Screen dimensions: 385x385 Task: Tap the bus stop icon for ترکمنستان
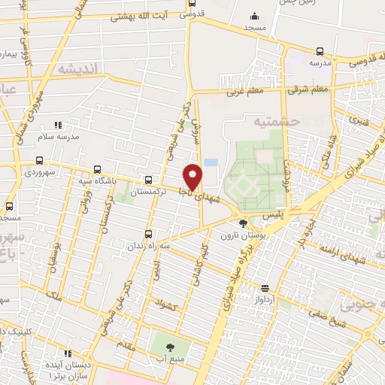pyautogui.click(x=148, y=180)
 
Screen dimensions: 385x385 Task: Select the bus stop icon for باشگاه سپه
pyautogui.click(x=95, y=170)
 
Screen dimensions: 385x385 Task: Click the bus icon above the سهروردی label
pyautogui.click(x=39, y=161)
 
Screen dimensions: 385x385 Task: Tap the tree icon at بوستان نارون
pyautogui.click(x=242, y=223)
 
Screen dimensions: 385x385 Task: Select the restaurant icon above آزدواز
pyautogui.click(x=265, y=288)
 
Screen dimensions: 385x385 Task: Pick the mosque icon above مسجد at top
pyautogui.click(x=254, y=16)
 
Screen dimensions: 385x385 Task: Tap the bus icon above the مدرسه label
pyautogui.click(x=320, y=51)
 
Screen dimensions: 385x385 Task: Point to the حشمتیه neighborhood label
pyautogui.click(x=276, y=120)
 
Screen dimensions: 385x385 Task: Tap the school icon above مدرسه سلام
pyautogui.click(x=59, y=125)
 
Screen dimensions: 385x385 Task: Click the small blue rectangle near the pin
pyautogui.click(x=211, y=162)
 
